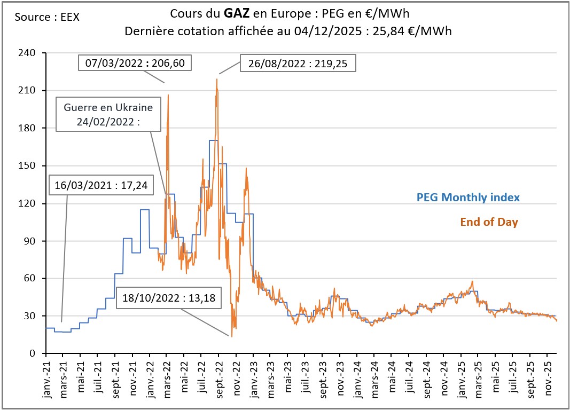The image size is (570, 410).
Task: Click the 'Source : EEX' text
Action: pos(47,17)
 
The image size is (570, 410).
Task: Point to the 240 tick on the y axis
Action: pos(27,53)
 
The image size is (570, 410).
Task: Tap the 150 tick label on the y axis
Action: pos(27,165)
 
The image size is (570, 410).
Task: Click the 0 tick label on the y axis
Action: pos(32,353)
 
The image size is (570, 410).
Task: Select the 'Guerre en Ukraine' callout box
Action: pos(108,114)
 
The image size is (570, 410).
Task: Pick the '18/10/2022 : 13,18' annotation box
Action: pos(169,298)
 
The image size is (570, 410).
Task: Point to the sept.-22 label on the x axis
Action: pos(218,377)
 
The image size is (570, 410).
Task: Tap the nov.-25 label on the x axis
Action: pos(546,377)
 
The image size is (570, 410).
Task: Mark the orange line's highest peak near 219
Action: pos(217,79)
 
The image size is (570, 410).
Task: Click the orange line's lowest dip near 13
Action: pos(232,336)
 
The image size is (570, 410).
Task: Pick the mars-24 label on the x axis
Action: pos(373,377)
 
